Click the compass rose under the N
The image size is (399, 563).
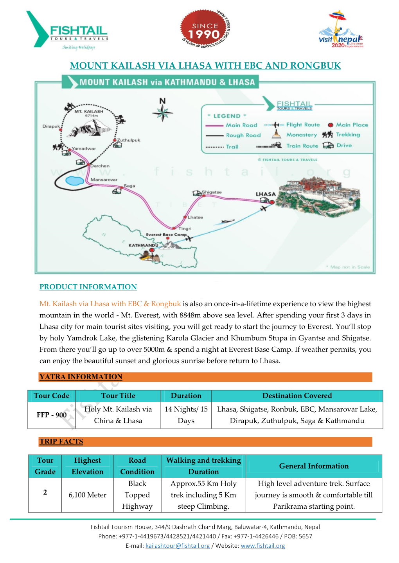(x=162, y=114)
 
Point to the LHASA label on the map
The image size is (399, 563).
(x=266, y=194)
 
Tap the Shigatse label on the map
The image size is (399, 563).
(x=212, y=192)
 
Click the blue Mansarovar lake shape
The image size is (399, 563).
(x=75, y=180)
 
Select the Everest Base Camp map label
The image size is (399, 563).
(x=166, y=235)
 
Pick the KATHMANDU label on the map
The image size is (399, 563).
(x=143, y=245)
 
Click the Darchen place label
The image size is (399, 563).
(x=100, y=166)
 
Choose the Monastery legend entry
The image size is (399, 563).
(x=302, y=135)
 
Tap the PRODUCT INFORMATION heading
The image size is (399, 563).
(x=88, y=287)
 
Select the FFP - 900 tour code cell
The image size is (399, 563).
(x=52, y=415)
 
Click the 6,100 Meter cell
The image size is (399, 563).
(x=87, y=495)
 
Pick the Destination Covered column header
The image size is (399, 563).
(x=297, y=396)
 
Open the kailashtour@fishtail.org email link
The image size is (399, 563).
(x=178, y=546)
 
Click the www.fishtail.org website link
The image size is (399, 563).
(x=263, y=546)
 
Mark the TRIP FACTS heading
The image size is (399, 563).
(x=61, y=442)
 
